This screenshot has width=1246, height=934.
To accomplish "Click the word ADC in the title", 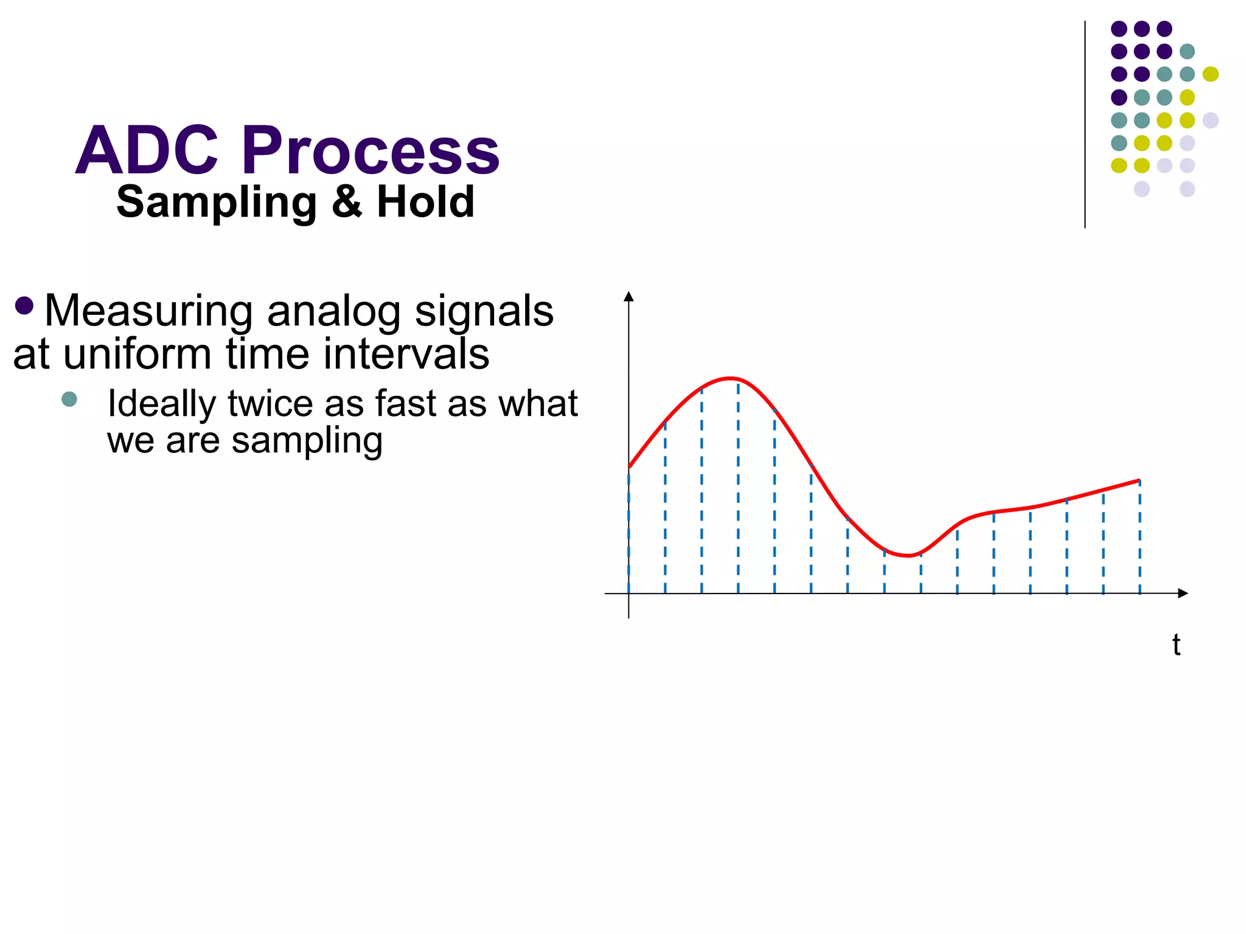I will tap(147, 150).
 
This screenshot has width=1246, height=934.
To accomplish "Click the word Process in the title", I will tap(371, 150).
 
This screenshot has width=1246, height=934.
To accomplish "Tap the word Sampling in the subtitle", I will tap(217, 202).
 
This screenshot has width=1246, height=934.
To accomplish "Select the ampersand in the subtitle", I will tap(347, 202).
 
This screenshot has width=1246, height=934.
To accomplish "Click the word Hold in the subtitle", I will tap(425, 202).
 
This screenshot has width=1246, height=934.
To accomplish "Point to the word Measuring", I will tap(148, 311).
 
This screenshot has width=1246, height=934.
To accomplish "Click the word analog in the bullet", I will tap(333, 311).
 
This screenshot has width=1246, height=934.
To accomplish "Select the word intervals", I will tap(406, 354).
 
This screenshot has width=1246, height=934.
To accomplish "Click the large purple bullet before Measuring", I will tap(24, 305).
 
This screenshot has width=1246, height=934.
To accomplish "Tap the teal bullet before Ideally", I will tap(69, 400).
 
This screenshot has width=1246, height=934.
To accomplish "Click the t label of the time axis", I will tap(1176, 645).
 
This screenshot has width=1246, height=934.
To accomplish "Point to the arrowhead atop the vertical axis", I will tap(629, 296).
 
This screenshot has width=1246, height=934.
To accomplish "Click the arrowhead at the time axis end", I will tap(1183, 593).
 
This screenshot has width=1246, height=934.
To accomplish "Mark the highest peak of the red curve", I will tap(730, 378).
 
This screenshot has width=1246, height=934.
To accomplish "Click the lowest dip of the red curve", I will tap(908, 555).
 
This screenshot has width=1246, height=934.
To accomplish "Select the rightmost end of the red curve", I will tap(1139, 480).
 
